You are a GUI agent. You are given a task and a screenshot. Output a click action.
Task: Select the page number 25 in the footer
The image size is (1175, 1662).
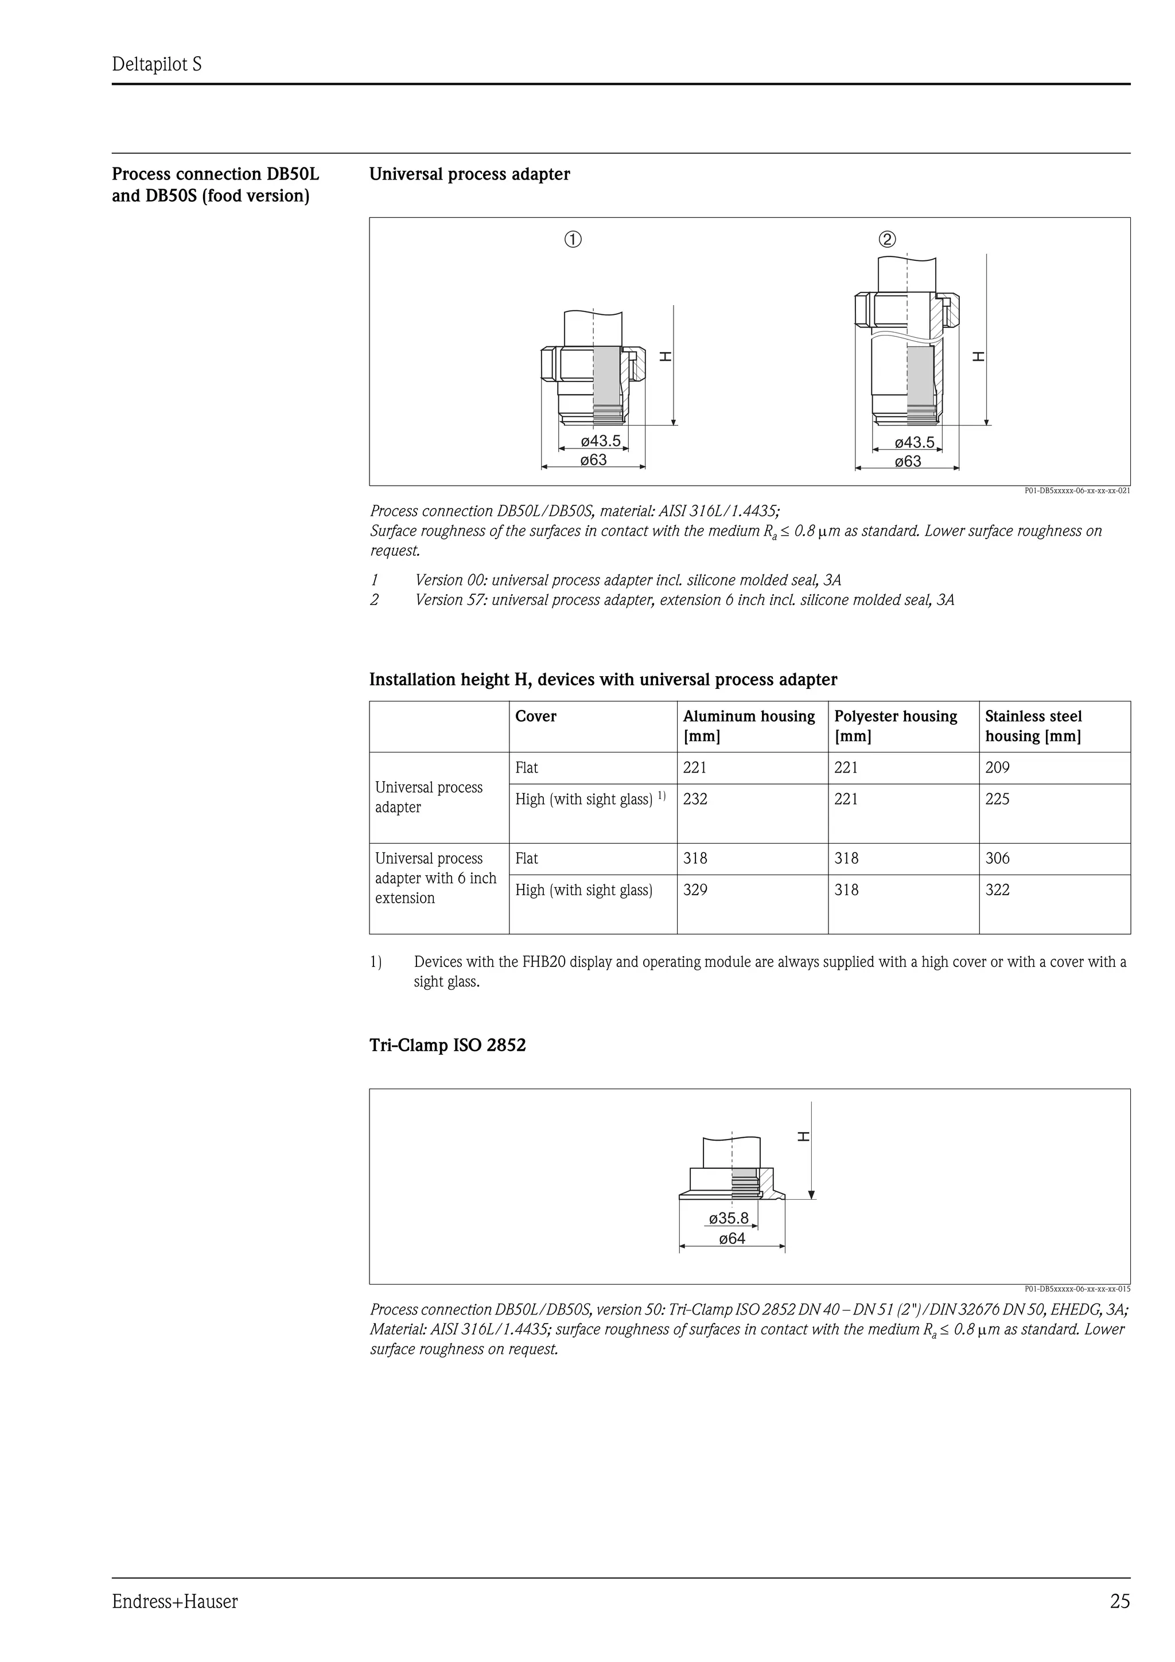[1119, 1602]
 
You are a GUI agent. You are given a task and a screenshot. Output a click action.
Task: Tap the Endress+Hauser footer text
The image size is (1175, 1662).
[174, 1602]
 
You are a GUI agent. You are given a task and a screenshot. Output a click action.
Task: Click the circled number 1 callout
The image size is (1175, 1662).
[573, 240]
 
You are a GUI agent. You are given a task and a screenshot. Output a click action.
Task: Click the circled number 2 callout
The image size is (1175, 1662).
[887, 240]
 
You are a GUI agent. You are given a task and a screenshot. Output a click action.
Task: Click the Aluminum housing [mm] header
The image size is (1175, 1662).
[749, 726]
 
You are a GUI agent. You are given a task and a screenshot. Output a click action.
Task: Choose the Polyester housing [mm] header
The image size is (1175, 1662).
[896, 726]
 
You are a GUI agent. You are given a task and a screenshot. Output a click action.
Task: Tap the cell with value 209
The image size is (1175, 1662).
[997, 768]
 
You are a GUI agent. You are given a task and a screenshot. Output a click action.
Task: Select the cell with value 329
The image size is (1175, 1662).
[695, 890]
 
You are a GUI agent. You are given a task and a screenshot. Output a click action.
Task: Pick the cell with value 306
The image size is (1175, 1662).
[997, 859]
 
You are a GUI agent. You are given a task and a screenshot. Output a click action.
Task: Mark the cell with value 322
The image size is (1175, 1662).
[997, 890]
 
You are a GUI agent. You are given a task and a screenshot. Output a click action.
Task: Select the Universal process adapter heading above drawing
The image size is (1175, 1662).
[469, 174]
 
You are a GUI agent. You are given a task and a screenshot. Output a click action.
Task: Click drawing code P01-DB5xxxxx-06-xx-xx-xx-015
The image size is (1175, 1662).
[1076, 1289]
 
